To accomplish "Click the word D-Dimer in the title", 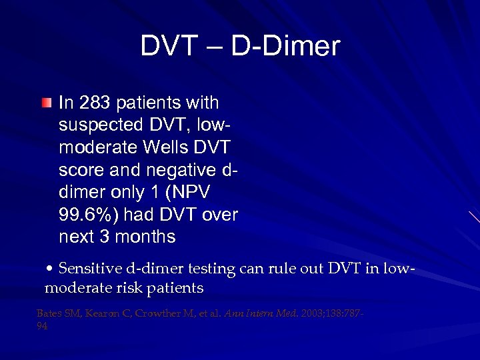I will coord(286,46).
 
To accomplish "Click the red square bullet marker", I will coord(45,103).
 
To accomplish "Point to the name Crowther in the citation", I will coord(155,313).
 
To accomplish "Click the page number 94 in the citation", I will coord(42,327).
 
